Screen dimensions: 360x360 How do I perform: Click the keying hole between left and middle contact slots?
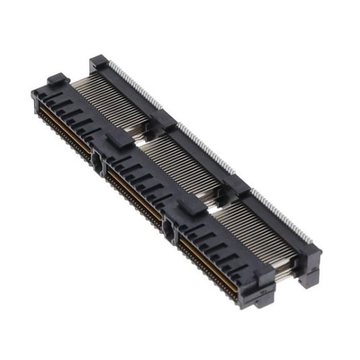click(99, 163)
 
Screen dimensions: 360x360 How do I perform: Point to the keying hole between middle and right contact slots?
click(168, 232)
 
